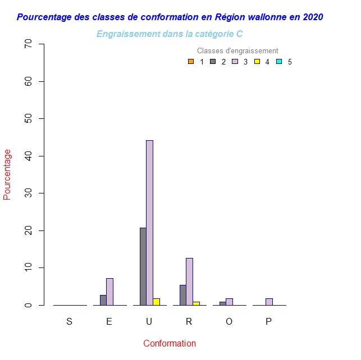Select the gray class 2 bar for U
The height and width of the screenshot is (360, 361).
143,266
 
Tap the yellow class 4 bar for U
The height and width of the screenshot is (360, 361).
156,302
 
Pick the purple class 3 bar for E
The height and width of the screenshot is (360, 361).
109,292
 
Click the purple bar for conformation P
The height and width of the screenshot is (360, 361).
269,302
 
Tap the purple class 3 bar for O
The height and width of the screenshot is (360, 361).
229,302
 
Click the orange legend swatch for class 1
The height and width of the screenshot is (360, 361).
191,62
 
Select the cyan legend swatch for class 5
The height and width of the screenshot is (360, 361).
278,62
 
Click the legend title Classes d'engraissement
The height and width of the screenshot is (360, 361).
237,51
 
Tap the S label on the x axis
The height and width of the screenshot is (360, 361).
69,322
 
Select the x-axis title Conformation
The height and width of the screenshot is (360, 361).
170,344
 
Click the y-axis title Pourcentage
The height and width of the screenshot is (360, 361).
7,174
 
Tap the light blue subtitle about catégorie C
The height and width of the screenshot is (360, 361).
170,34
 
